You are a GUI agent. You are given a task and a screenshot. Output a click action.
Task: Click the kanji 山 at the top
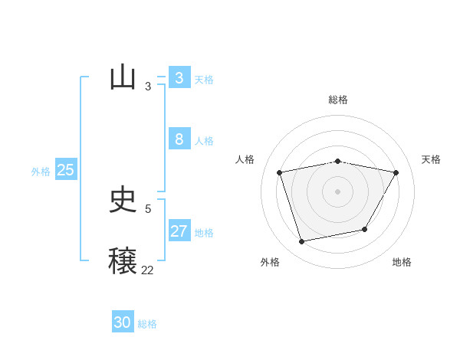pyautogui.click(x=123, y=77)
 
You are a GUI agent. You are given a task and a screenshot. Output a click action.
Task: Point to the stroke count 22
pyautogui.click(x=147, y=270)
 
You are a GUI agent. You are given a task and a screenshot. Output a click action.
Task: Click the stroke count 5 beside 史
pyautogui.click(x=148, y=208)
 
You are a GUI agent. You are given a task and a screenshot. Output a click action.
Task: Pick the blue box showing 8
pyautogui.click(x=179, y=139)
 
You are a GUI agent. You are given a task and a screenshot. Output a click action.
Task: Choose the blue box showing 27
pyautogui.click(x=179, y=231)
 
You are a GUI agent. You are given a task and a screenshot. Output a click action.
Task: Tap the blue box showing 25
pyautogui.click(x=65, y=170)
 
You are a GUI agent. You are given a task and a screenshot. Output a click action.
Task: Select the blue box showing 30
pyautogui.click(x=123, y=322)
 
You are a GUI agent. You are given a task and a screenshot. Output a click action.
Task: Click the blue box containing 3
pyautogui.click(x=179, y=78)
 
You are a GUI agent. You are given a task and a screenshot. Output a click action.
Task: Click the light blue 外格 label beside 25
pyautogui.click(x=41, y=172)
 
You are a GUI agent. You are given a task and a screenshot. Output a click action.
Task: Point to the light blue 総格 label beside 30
pyautogui.click(x=147, y=324)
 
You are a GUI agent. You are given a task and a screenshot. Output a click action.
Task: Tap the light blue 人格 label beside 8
pyautogui.click(x=204, y=141)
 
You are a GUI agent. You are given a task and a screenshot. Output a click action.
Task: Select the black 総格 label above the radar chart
pyautogui.click(x=338, y=100)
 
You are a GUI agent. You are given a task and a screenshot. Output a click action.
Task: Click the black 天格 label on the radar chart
pyautogui.click(x=431, y=159)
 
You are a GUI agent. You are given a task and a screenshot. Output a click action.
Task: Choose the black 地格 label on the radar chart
pyautogui.click(x=402, y=262)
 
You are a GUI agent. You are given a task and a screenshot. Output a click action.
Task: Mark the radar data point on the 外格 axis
pyautogui.click(x=302, y=241)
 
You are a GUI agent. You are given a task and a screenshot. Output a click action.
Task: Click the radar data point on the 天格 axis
pyautogui.click(x=396, y=173)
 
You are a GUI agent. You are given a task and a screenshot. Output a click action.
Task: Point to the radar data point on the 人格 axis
pyautogui.click(x=280, y=173)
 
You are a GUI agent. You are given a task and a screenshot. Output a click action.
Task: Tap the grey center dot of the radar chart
pyautogui.click(x=338, y=191)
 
